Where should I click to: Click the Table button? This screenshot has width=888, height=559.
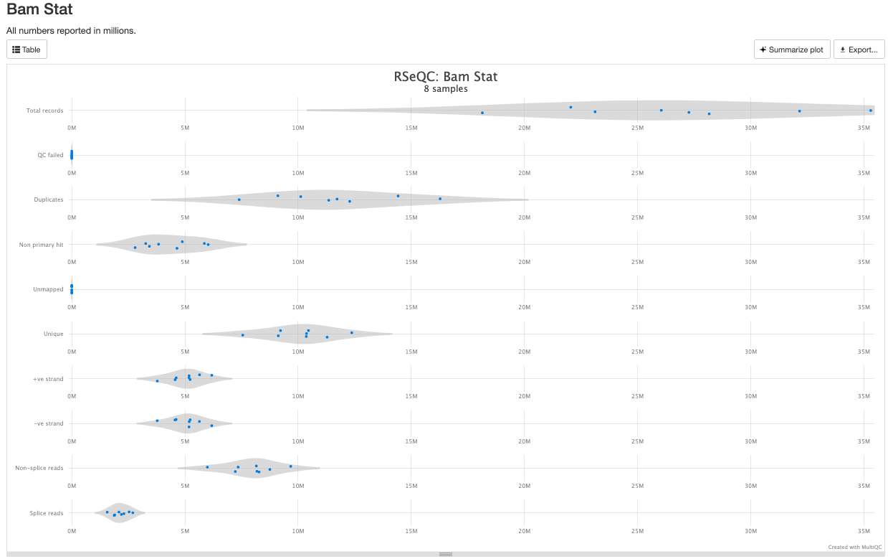click(27, 50)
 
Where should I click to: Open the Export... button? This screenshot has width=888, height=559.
click(859, 50)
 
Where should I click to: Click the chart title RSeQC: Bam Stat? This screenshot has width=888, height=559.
click(445, 76)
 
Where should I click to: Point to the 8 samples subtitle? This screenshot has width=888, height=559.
click(445, 89)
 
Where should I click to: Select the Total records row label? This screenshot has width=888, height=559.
click(44, 111)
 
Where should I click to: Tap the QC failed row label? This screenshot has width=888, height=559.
click(50, 155)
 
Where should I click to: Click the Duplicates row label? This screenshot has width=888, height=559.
click(48, 199)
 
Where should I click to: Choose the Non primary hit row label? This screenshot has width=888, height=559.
click(41, 245)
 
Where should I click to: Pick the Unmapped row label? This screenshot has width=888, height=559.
click(49, 289)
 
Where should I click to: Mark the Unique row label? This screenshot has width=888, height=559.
click(53, 334)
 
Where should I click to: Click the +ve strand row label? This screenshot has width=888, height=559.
click(48, 379)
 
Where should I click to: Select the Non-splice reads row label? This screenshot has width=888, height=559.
click(39, 468)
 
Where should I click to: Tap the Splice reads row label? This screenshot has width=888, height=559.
click(46, 513)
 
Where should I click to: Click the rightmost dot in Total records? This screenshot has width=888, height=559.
click(870, 111)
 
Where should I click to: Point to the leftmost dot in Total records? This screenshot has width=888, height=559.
click(482, 113)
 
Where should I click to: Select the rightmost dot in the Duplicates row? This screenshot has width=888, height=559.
click(440, 199)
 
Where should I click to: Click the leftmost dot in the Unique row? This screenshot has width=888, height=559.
click(242, 335)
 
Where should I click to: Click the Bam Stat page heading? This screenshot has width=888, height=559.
click(39, 10)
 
